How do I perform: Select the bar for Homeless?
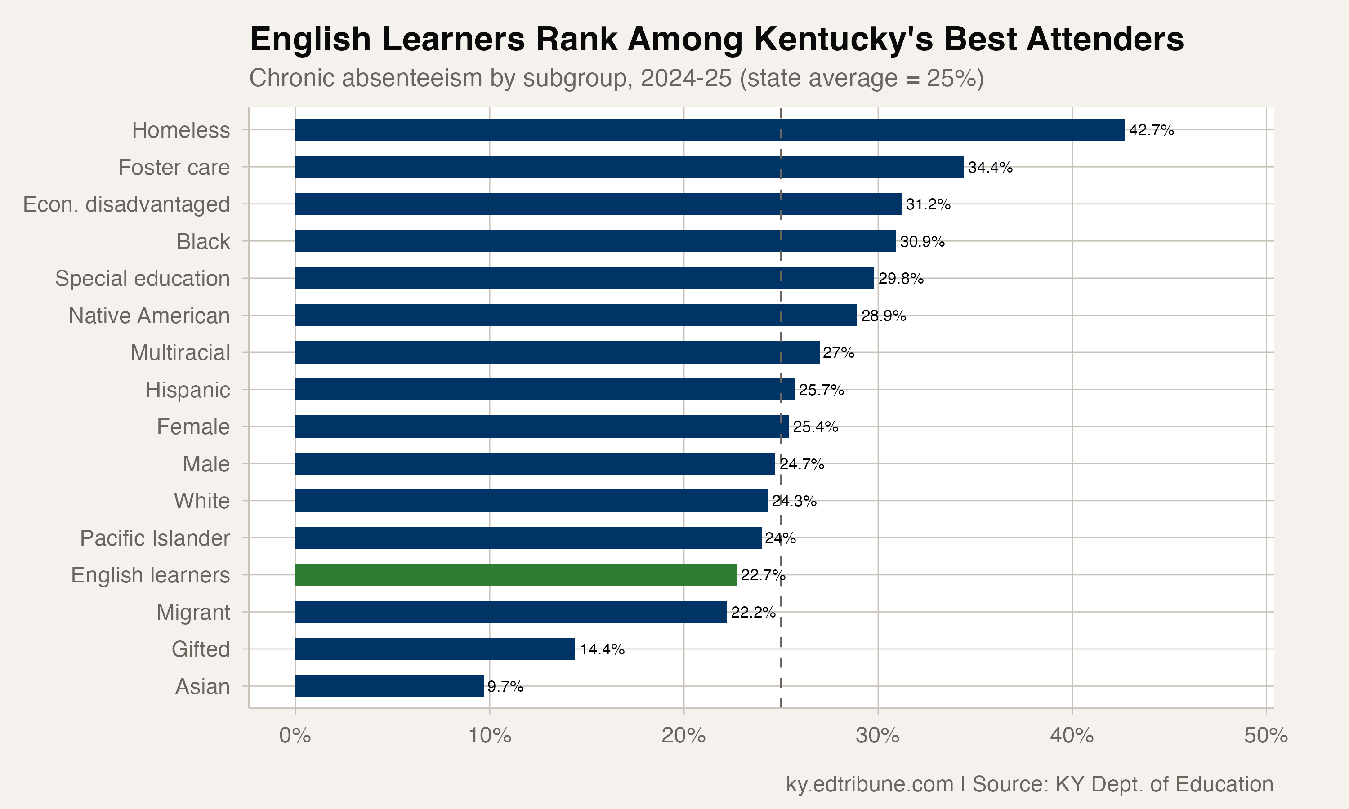click(x=709, y=130)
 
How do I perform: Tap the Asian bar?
click(x=389, y=686)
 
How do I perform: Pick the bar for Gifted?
click(x=434, y=649)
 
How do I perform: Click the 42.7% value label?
click(x=1151, y=130)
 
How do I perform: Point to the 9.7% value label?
click(x=505, y=686)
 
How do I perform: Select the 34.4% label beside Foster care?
click(x=990, y=167)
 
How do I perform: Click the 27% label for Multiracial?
click(x=838, y=353)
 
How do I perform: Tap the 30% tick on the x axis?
click(x=877, y=736)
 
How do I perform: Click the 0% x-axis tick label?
click(x=295, y=736)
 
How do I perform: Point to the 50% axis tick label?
click(x=1265, y=736)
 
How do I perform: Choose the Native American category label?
click(x=149, y=316)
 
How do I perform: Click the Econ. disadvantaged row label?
click(x=126, y=204)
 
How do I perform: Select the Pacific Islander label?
click(x=154, y=538)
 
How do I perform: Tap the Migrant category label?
click(x=193, y=612)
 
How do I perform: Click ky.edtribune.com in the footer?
click(x=869, y=784)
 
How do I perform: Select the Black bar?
click(x=595, y=241)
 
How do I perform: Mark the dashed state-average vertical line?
click(x=781, y=654)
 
